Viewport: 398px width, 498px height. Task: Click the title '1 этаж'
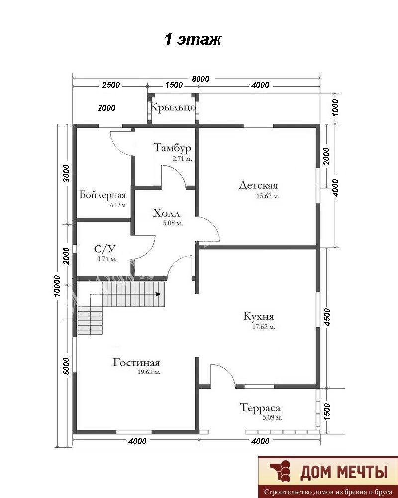tap(193, 40)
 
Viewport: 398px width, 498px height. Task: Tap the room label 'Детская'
tap(258, 185)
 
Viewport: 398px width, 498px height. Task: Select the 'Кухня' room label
tap(259, 316)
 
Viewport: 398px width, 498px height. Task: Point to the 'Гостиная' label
tap(136, 362)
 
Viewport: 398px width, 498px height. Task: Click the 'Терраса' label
tap(260, 408)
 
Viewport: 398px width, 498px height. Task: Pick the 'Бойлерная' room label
tap(102, 195)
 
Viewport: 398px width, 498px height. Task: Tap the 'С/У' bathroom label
tap(104, 248)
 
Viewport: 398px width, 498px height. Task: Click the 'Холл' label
tap(166, 213)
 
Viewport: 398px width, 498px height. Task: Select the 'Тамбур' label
tap(172, 148)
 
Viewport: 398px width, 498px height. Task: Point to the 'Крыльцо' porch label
tap(173, 107)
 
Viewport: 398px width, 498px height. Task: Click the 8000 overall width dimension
tap(200, 79)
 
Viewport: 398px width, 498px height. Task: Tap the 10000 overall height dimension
tap(57, 285)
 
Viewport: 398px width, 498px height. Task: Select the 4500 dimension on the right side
tap(328, 317)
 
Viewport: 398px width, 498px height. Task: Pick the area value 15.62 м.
tap(268, 196)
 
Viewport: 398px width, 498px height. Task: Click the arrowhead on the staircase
tap(158, 294)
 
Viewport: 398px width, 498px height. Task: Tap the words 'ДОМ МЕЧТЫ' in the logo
tap(344, 473)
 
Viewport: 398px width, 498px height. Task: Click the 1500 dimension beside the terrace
tap(328, 412)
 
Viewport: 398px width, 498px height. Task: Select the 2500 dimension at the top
tap(111, 85)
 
